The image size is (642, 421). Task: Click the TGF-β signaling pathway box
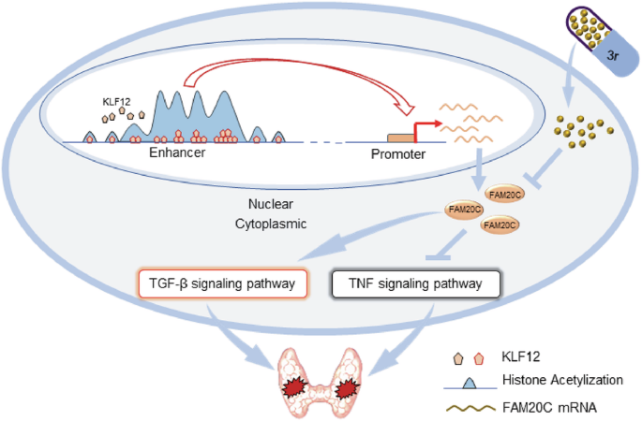pos(223,283)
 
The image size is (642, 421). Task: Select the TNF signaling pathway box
pos(415,283)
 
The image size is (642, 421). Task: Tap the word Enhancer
pos(177,152)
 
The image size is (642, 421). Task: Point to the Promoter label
pos(398,154)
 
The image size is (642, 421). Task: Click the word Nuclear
pos(271,204)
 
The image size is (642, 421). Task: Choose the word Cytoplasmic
pos(271,224)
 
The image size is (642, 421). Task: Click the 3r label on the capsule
pos(613,55)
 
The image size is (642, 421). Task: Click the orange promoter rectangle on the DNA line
pos(400,138)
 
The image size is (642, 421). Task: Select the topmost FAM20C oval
pos(505,195)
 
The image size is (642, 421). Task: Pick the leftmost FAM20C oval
pos(464,210)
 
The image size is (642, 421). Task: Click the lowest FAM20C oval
pos(500,225)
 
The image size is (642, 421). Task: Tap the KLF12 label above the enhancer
pos(117,101)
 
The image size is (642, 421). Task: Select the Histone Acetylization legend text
pos(562,380)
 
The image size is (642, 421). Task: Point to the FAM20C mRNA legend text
pos(549,408)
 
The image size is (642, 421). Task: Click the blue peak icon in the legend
pos(470,384)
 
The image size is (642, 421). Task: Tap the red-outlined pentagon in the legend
pos(478,358)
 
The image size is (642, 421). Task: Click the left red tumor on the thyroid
pos(295,388)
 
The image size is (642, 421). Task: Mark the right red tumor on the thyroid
pos(347,388)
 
